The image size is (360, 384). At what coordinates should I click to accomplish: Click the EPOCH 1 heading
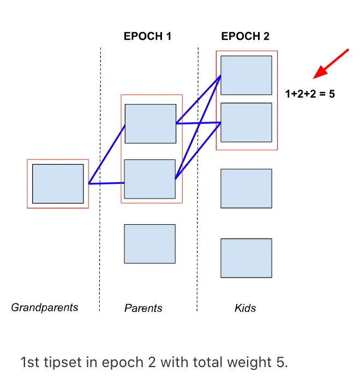tap(147, 37)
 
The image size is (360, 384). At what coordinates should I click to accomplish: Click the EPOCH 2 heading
tap(245, 37)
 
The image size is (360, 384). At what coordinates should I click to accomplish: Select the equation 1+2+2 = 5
tap(310, 94)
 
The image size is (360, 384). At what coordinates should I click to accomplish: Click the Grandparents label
tap(45, 307)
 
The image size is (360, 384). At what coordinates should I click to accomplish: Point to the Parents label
tap(143, 308)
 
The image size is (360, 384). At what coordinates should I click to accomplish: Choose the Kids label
tap(245, 308)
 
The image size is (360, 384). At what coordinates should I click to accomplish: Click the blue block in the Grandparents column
tap(58, 184)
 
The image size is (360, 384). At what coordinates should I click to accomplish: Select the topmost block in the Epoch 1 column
tap(151, 124)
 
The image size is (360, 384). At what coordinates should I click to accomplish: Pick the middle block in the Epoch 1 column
tap(150, 179)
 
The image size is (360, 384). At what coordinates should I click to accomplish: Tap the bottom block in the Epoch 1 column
tap(150, 244)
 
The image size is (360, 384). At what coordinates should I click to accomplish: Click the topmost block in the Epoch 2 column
tap(246, 75)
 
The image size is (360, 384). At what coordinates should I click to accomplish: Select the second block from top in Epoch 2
tap(246, 122)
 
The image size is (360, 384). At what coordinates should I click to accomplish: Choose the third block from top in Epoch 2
tap(246, 188)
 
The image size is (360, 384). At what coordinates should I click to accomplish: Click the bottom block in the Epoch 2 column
tap(246, 258)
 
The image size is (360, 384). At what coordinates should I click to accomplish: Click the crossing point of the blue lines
tap(200, 123)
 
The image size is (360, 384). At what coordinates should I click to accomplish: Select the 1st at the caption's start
tap(31, 362)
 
